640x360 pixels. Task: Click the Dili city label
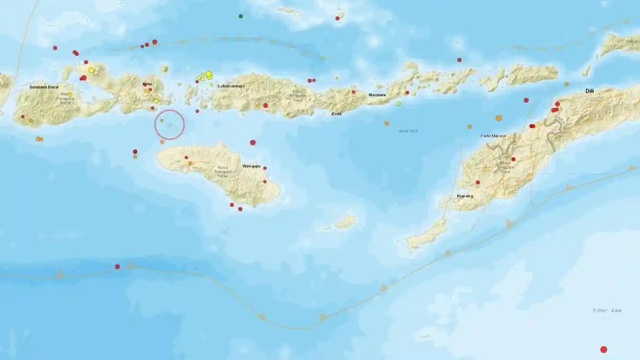[x=589, y=91]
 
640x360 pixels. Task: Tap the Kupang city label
[x=465, y=196]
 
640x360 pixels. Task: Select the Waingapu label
[x=251, y=166]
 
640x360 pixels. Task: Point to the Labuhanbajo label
[x=231, y=86]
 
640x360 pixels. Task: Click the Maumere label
[x=378, y=95]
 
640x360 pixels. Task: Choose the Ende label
[x=337, y=113]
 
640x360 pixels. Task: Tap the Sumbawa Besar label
[x=44, y=86]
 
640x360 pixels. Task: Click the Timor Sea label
[x=607, y=310]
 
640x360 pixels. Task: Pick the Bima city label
[x=147, y=84]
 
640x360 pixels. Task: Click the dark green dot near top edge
[x=241, y=17]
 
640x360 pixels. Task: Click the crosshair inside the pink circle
[x=170, y=125]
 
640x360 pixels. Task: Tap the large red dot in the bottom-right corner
[x=604, y=350]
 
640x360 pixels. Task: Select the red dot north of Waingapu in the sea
[x=253, y=142]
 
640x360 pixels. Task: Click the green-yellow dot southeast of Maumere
[x=398, y=104]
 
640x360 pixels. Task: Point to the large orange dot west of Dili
[x=499, y=118]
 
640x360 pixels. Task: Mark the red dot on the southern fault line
[x=117, y=267]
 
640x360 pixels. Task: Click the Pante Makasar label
[x=493, y=136]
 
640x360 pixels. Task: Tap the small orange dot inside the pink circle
[x=162, y=121]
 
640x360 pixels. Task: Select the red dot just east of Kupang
[x=478, y=182]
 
